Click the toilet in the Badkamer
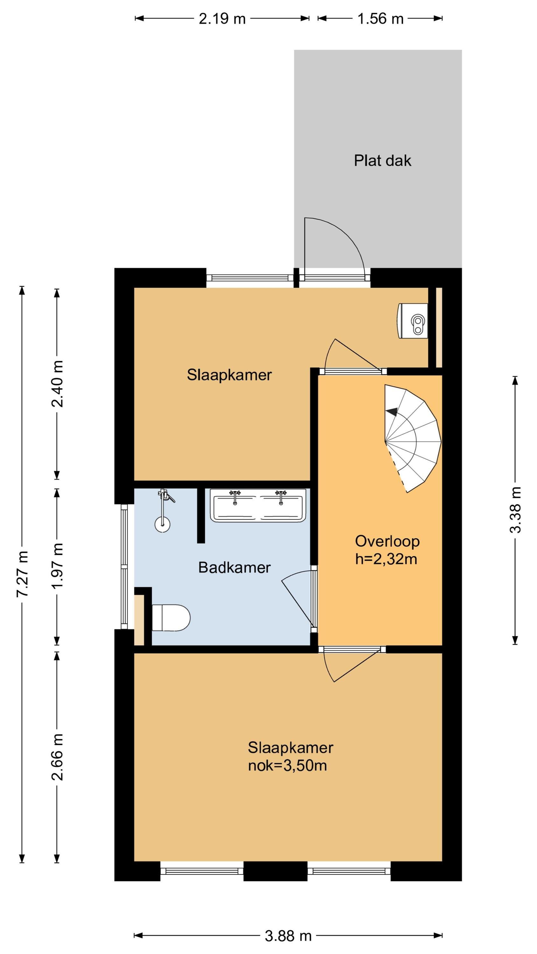pos(171,617)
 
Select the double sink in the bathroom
pos(258,505)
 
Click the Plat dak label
pos(382,161)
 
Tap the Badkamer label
pos(234,567)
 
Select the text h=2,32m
pos(386,559)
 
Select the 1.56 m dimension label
pos(380,18)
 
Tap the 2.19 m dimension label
pos(222,18)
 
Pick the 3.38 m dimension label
pos(515,510)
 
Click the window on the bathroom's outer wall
pos(124,567)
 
